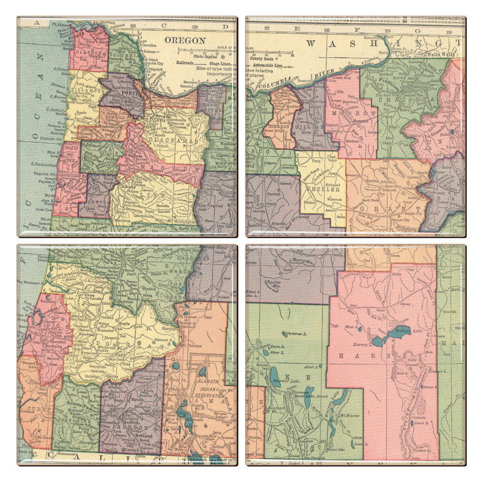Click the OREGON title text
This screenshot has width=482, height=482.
pyautogui.click(x=185, y=41)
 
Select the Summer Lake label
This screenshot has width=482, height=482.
pyautogui.click(x=285, y=380)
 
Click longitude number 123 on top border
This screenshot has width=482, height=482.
pyautogui.click(x=133, y=25)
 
